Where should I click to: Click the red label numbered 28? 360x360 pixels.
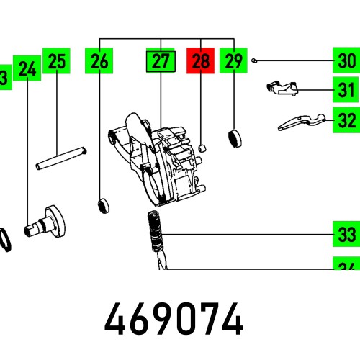(x=200, y=62)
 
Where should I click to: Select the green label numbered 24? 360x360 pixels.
(x=27, y=69)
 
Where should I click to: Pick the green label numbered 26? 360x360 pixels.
(x=100, y=62)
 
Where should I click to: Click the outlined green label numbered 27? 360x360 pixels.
(x=161, y=62)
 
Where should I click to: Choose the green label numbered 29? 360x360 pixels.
(x=233, y=62)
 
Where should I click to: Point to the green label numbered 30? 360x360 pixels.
(x=346, y=62)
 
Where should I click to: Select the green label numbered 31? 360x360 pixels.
(x=346, y=91)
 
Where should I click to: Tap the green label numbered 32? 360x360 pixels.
(x=346, y=120)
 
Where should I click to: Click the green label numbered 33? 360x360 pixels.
(x=346, y=235)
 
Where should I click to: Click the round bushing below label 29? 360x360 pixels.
(x=233, y=137)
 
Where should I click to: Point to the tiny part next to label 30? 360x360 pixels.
(x=256, y=61)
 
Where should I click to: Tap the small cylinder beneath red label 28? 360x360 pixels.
(x=202, y=145)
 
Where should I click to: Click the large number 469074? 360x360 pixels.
(x=174, y=318)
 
